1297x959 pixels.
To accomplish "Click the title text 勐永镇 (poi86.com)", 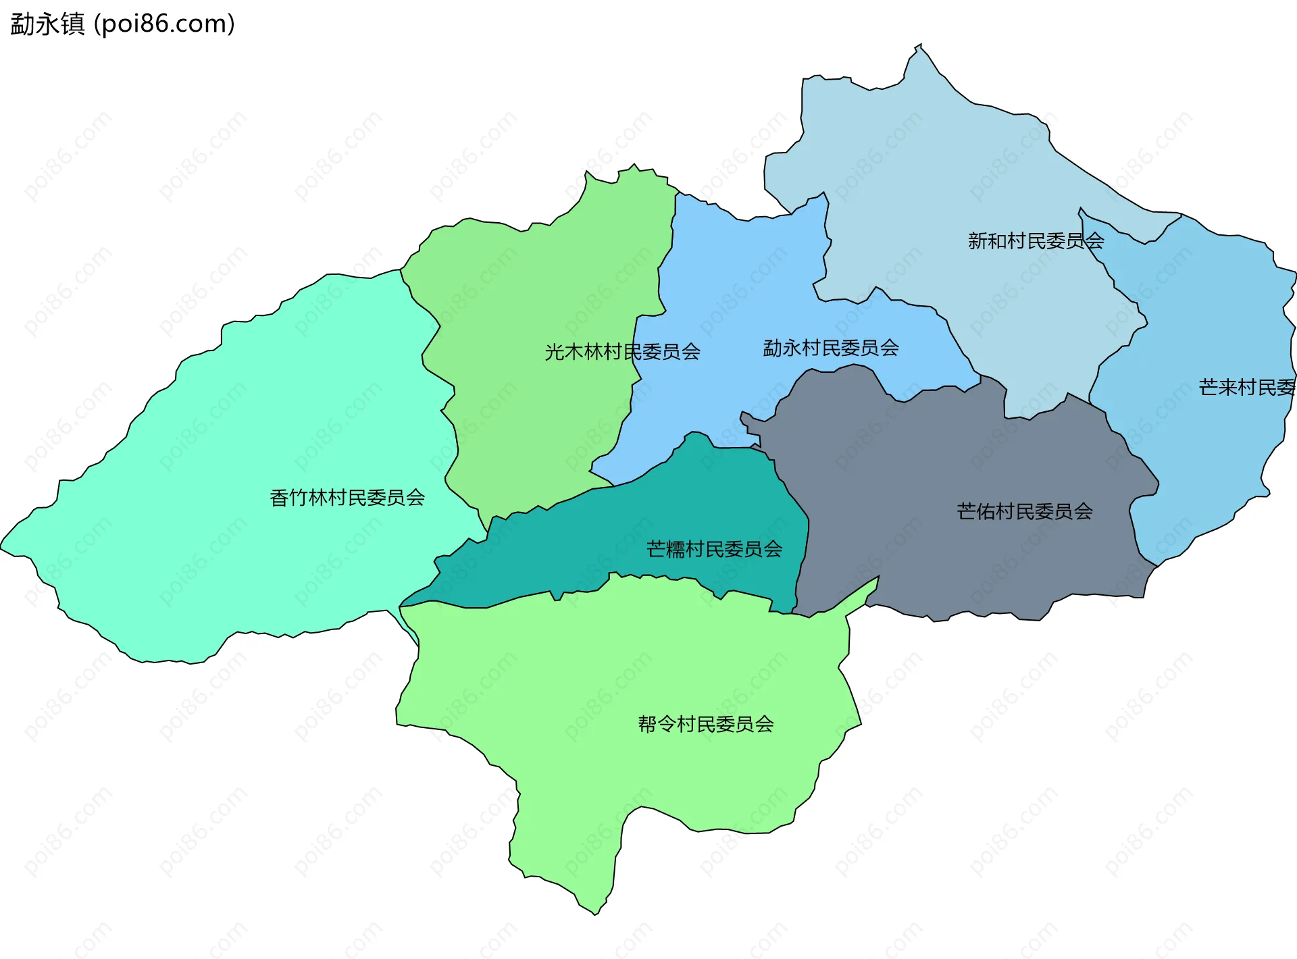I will click(122, 24).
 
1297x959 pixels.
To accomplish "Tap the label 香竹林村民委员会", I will click(347, 498).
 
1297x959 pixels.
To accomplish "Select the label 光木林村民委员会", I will click(622, 352).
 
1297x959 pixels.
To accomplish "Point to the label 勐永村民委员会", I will click(830, 348).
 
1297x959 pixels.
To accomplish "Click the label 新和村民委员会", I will click(1036, 240).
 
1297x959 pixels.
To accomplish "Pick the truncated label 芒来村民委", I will click(1247, 387).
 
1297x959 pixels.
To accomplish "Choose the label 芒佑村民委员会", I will click(1024, 511).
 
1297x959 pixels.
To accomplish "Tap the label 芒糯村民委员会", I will click(714, 549).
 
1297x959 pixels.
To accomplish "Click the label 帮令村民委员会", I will click(706, 724).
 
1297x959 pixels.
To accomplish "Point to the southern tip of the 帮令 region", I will click(595, 914).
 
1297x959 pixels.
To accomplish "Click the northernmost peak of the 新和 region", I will click(919, 46).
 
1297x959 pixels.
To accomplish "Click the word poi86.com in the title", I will click(164, 24).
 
